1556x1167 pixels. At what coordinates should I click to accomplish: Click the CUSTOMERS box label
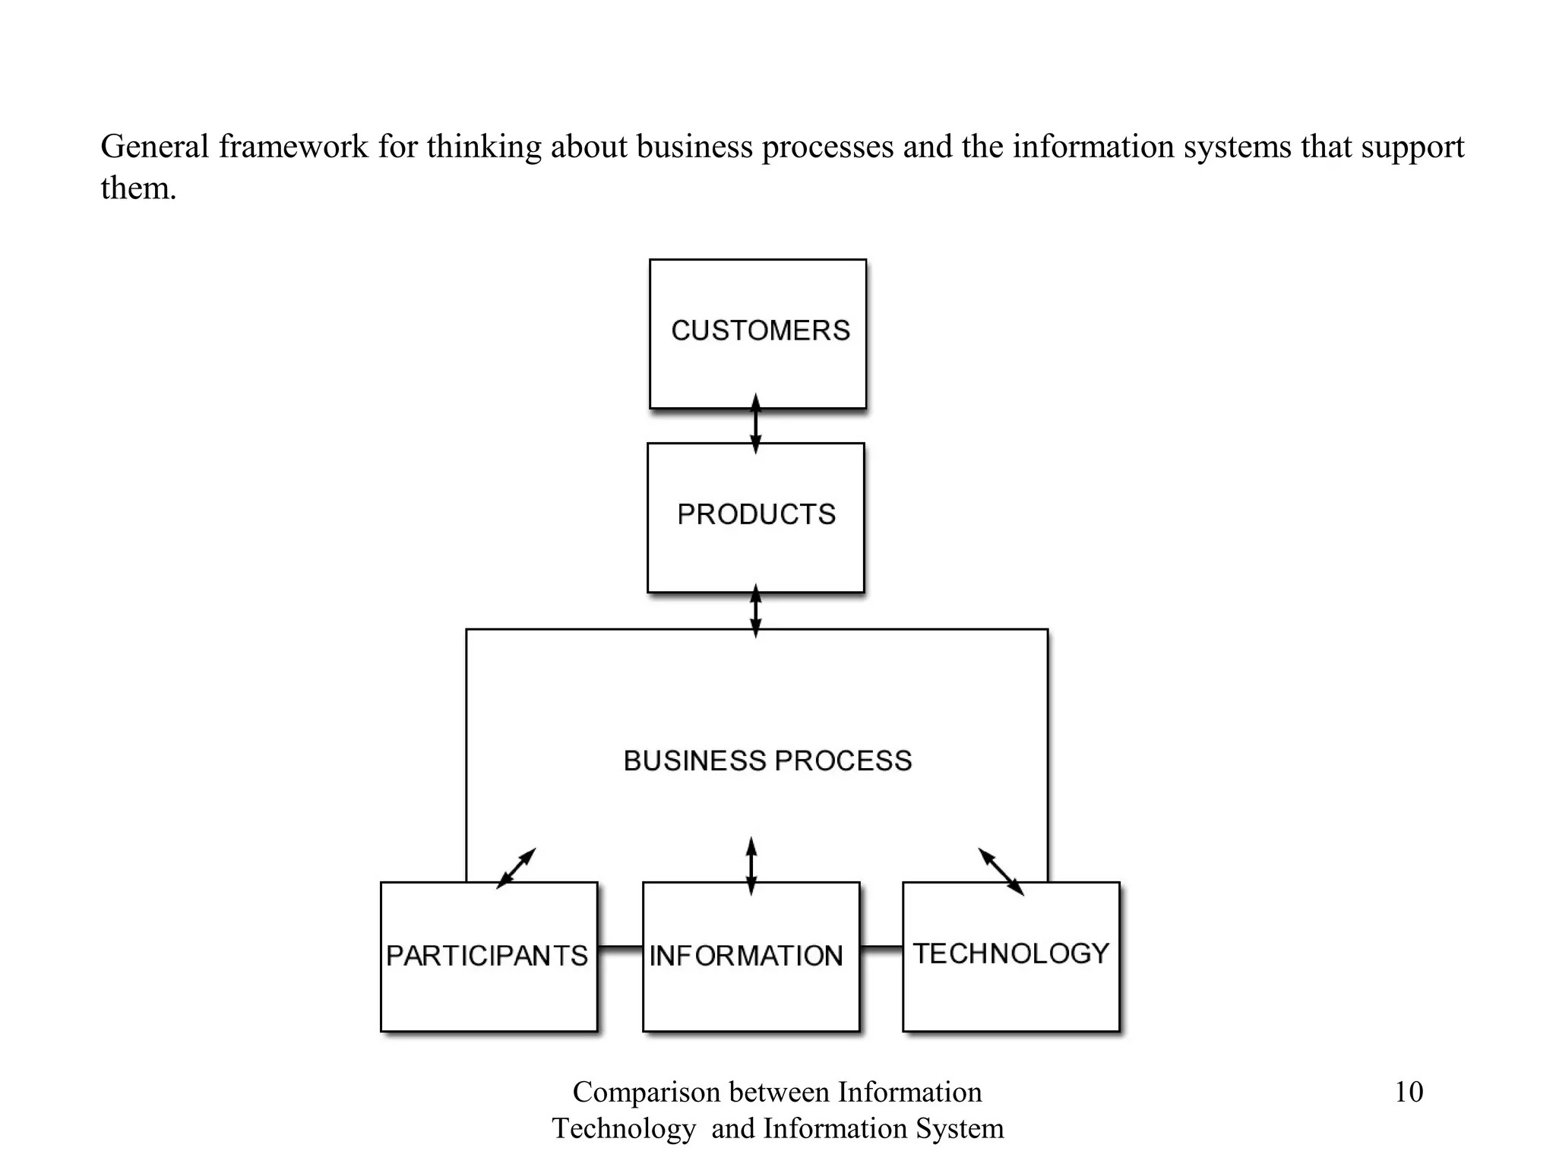coord(761,330)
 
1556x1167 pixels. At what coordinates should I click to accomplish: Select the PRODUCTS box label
coord(757,514)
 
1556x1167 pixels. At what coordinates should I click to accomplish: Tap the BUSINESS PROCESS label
coord(767,761)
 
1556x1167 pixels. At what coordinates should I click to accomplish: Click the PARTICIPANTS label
coord(487,956)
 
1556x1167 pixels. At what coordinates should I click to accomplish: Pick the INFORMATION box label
coord(746,956)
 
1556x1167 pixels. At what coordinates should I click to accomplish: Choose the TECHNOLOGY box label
coord(1011,954)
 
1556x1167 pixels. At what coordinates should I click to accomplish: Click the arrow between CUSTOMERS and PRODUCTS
coord(755,424)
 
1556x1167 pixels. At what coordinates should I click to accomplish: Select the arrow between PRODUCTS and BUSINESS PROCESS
coord(755,611)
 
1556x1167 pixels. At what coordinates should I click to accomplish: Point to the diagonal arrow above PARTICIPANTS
coord(517,868)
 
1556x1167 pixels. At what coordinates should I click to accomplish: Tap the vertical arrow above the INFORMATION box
coord(751,866)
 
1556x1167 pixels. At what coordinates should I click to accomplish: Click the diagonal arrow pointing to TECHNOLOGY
coord(1001,871)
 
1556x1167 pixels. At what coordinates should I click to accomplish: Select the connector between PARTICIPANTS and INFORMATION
coord(620,947)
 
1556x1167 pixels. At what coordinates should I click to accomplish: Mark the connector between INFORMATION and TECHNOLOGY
coord(881,947)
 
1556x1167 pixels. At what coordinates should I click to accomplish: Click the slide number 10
coord(1409,1093)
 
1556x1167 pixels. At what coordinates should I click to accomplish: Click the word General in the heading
coord(154,146)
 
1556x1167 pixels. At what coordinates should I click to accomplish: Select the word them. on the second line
coord(138,188)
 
